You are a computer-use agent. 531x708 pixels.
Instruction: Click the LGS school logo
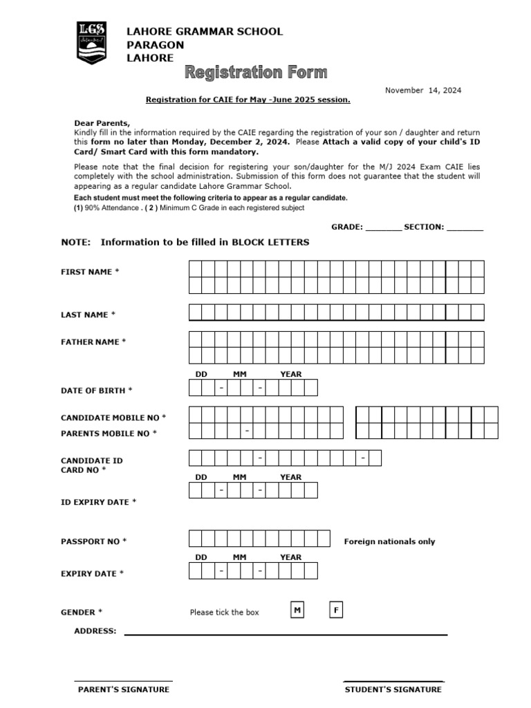coord(91,43)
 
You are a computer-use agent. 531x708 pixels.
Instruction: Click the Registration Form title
coord(255,73)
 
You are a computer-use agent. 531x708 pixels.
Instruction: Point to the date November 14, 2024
coord(422,90)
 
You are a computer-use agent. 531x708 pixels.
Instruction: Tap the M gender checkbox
coord(297,610)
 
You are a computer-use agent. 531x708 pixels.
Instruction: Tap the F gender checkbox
coord(336,610)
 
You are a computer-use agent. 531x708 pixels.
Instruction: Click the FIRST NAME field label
coord(90,272)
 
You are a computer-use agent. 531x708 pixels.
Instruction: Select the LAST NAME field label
coord(88,315)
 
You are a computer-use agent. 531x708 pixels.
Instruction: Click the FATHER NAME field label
coord(93,342)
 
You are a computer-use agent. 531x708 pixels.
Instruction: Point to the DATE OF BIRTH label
coord(96,391)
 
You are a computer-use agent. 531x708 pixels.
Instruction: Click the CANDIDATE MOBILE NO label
coord(113,418)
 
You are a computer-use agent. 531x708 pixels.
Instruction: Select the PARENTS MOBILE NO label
coord(109,434)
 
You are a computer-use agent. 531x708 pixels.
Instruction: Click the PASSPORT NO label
coord(93,541)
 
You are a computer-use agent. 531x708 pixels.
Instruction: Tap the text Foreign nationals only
coord(389,541)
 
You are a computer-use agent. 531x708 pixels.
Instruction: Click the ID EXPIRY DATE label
coord(98,502)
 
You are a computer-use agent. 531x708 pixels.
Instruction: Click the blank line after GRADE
coord(383,228)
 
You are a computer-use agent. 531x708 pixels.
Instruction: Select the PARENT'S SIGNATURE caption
coord(123,689)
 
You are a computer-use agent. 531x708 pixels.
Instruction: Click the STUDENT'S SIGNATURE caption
coord(393,689)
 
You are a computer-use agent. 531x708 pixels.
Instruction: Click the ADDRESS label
coord(95,631)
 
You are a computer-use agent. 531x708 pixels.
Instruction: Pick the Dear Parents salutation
coord(102,122)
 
